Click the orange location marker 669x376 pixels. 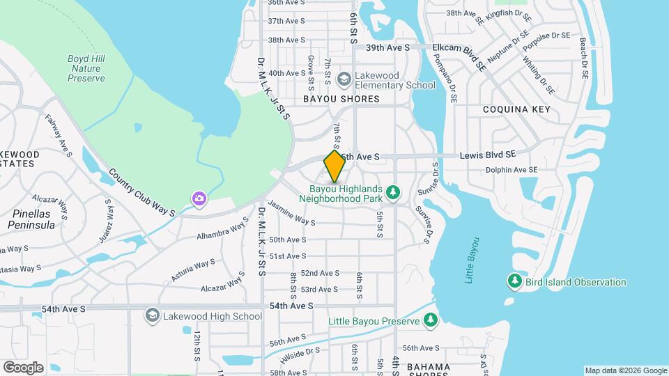pos(334,166)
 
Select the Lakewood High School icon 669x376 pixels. pos(152,316)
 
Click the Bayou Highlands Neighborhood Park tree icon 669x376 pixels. pos(394,191)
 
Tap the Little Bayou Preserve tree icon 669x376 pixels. pos(431,320)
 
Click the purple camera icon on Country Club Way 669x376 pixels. pos(199,200)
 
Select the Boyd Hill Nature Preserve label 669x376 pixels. pos(86,69)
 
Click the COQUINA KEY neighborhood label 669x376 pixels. pos(516,109)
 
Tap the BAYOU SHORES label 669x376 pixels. pos(341,100)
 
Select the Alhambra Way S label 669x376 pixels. pos(222,230)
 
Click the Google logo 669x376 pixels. pos(23,367)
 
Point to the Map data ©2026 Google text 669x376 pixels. pos(626,370)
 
